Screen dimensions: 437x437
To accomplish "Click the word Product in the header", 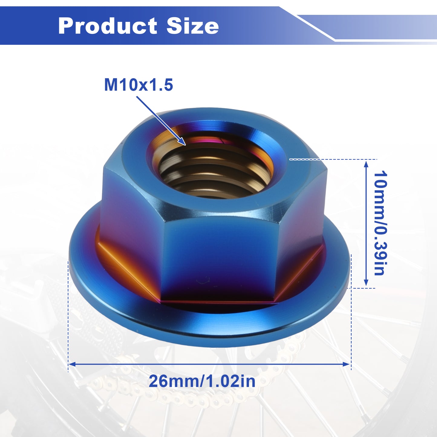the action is [x=107, y=26].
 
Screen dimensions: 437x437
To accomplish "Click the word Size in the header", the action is [x=193, y=26].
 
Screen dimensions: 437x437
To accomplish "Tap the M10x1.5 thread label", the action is [x=139, y=85].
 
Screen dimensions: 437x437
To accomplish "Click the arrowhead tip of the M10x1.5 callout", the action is [x=186, y=145].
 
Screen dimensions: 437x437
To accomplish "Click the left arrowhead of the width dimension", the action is [x=69, y=364].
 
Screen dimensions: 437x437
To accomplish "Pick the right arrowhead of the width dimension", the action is [x=350, y=364].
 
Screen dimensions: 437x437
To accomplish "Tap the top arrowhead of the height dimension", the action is [x=366, y=161].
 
